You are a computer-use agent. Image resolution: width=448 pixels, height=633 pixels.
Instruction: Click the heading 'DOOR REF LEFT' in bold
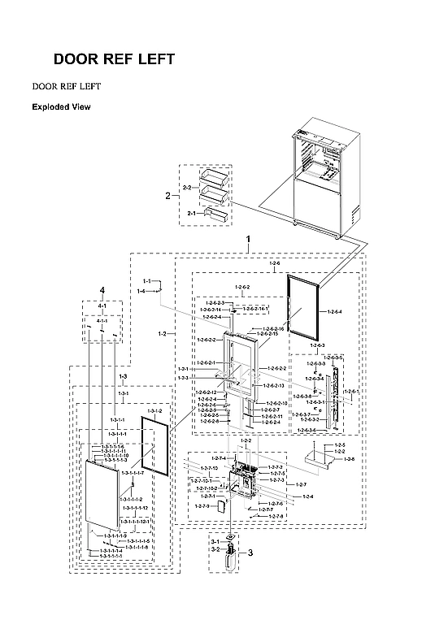[x=113, y=59]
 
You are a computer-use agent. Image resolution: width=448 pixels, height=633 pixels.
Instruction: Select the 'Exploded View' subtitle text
[x=61, y=107]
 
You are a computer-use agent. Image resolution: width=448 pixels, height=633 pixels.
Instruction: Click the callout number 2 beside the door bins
[x=167, y=196]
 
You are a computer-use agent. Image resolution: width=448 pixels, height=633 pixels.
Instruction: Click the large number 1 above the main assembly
[x=249, y=241]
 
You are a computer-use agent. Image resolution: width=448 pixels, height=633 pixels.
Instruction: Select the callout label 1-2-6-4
[x=333, y=311]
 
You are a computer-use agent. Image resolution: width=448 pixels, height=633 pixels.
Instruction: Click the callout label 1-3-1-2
[x=154, y=412]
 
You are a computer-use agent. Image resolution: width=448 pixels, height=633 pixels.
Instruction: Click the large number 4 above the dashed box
[x=102, y=290]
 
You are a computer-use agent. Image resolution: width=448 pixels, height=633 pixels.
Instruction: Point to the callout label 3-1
[x=215, y=541]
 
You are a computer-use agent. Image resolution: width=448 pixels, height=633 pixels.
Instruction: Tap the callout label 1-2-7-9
[x=199, y=506]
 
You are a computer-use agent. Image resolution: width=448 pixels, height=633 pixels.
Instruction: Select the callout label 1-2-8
[x=350, y=459]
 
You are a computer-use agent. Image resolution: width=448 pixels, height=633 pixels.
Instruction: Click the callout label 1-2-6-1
[x=350, y=392]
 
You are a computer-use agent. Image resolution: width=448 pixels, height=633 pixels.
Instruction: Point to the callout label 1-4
[x=141, y=290]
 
